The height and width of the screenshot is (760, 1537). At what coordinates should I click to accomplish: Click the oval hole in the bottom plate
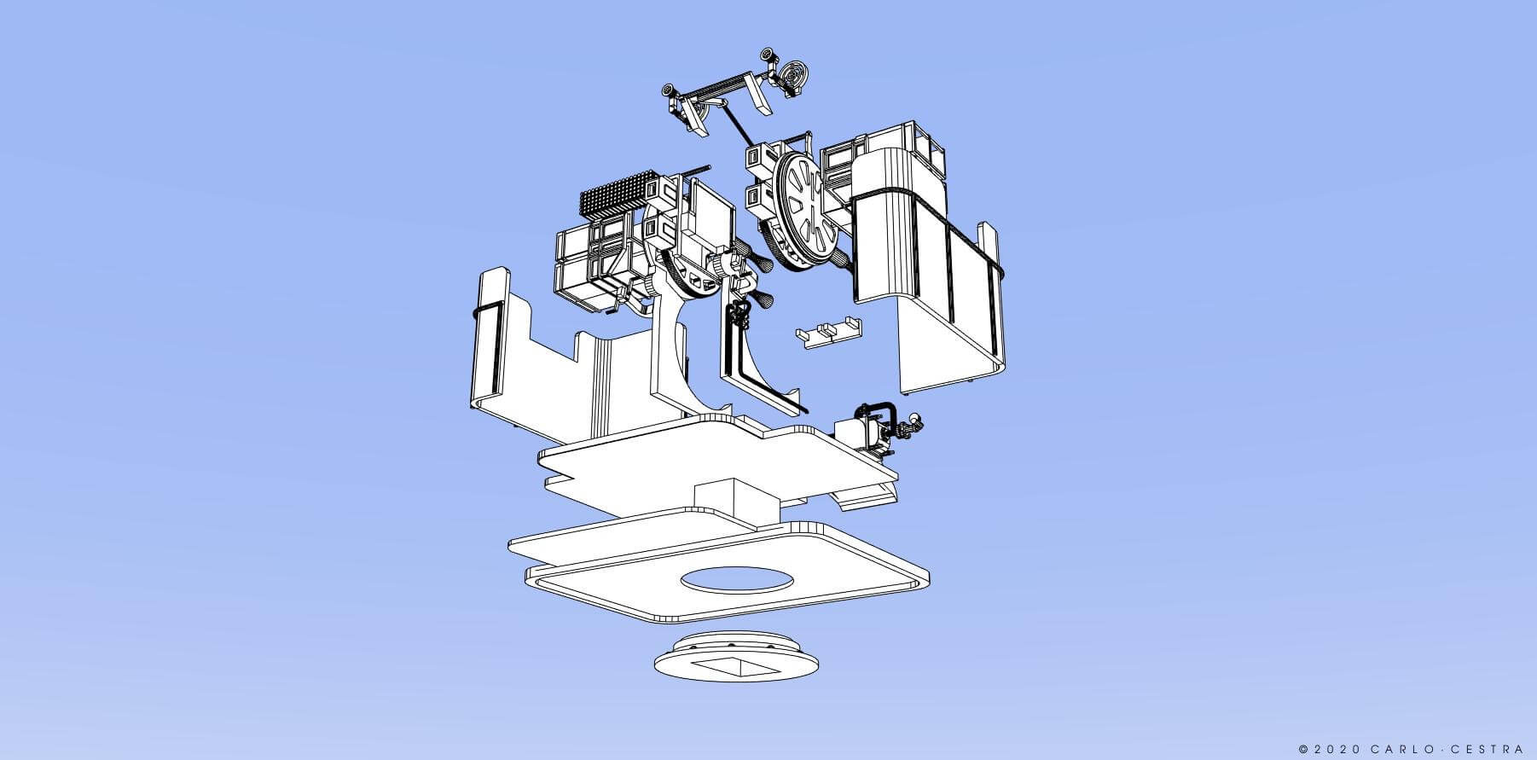point(737,580)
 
